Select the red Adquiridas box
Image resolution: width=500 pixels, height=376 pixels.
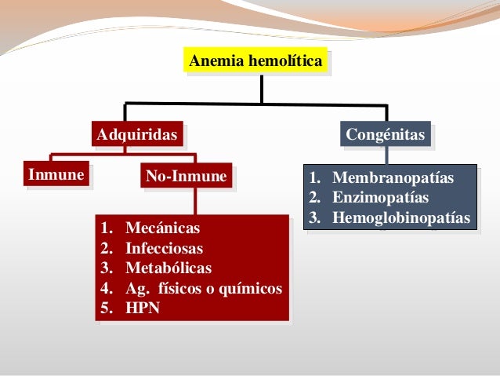137,135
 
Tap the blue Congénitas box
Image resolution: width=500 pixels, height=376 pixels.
386,135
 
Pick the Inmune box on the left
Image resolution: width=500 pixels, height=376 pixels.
56,174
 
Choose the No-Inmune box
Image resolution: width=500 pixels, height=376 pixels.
186,177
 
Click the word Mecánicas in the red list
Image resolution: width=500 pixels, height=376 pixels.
162,228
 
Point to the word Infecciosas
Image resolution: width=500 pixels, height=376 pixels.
164,249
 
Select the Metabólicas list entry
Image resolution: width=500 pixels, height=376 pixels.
168,268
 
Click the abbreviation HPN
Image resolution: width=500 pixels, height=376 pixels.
143,308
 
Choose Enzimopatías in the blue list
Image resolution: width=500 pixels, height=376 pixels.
380,197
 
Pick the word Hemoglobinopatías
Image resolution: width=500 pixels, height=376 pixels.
401,217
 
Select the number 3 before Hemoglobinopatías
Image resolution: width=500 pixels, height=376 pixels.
313,217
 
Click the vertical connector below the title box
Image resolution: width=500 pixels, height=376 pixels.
262,88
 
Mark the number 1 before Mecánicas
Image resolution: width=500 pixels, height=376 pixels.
106,228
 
